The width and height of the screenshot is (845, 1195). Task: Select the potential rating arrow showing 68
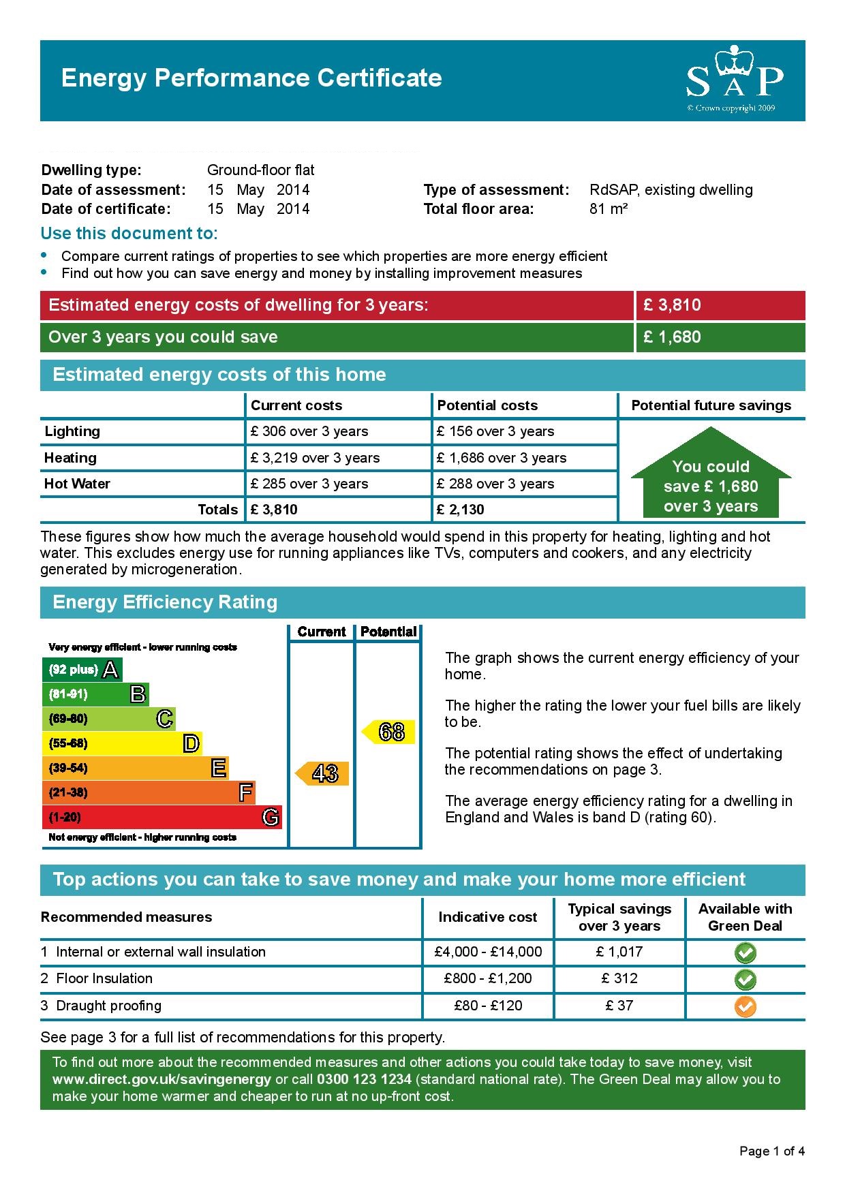(388, 732)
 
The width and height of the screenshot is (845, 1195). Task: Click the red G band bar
(162, 817)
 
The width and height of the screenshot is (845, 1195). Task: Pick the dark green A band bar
(82, 670)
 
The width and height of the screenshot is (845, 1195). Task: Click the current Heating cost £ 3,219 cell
(315, 458)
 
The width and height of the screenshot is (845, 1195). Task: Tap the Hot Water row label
(77, 484)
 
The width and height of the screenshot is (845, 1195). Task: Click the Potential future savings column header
(711, 405)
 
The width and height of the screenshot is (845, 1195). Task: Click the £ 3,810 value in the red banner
(672, 305)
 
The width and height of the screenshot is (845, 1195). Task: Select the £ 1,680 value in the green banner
(672, 337)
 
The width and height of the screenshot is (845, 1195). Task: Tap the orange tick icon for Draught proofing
(745, 1006)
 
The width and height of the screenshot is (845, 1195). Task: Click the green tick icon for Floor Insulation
(745, 980)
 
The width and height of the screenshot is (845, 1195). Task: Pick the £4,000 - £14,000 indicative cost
(488, 952)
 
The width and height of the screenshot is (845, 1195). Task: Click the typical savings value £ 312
(619, 978)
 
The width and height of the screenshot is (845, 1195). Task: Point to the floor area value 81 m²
(608, 209)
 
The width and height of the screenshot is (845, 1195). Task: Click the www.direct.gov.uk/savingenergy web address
(162, 1079)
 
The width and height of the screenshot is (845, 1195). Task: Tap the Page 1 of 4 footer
(771, 1151)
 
